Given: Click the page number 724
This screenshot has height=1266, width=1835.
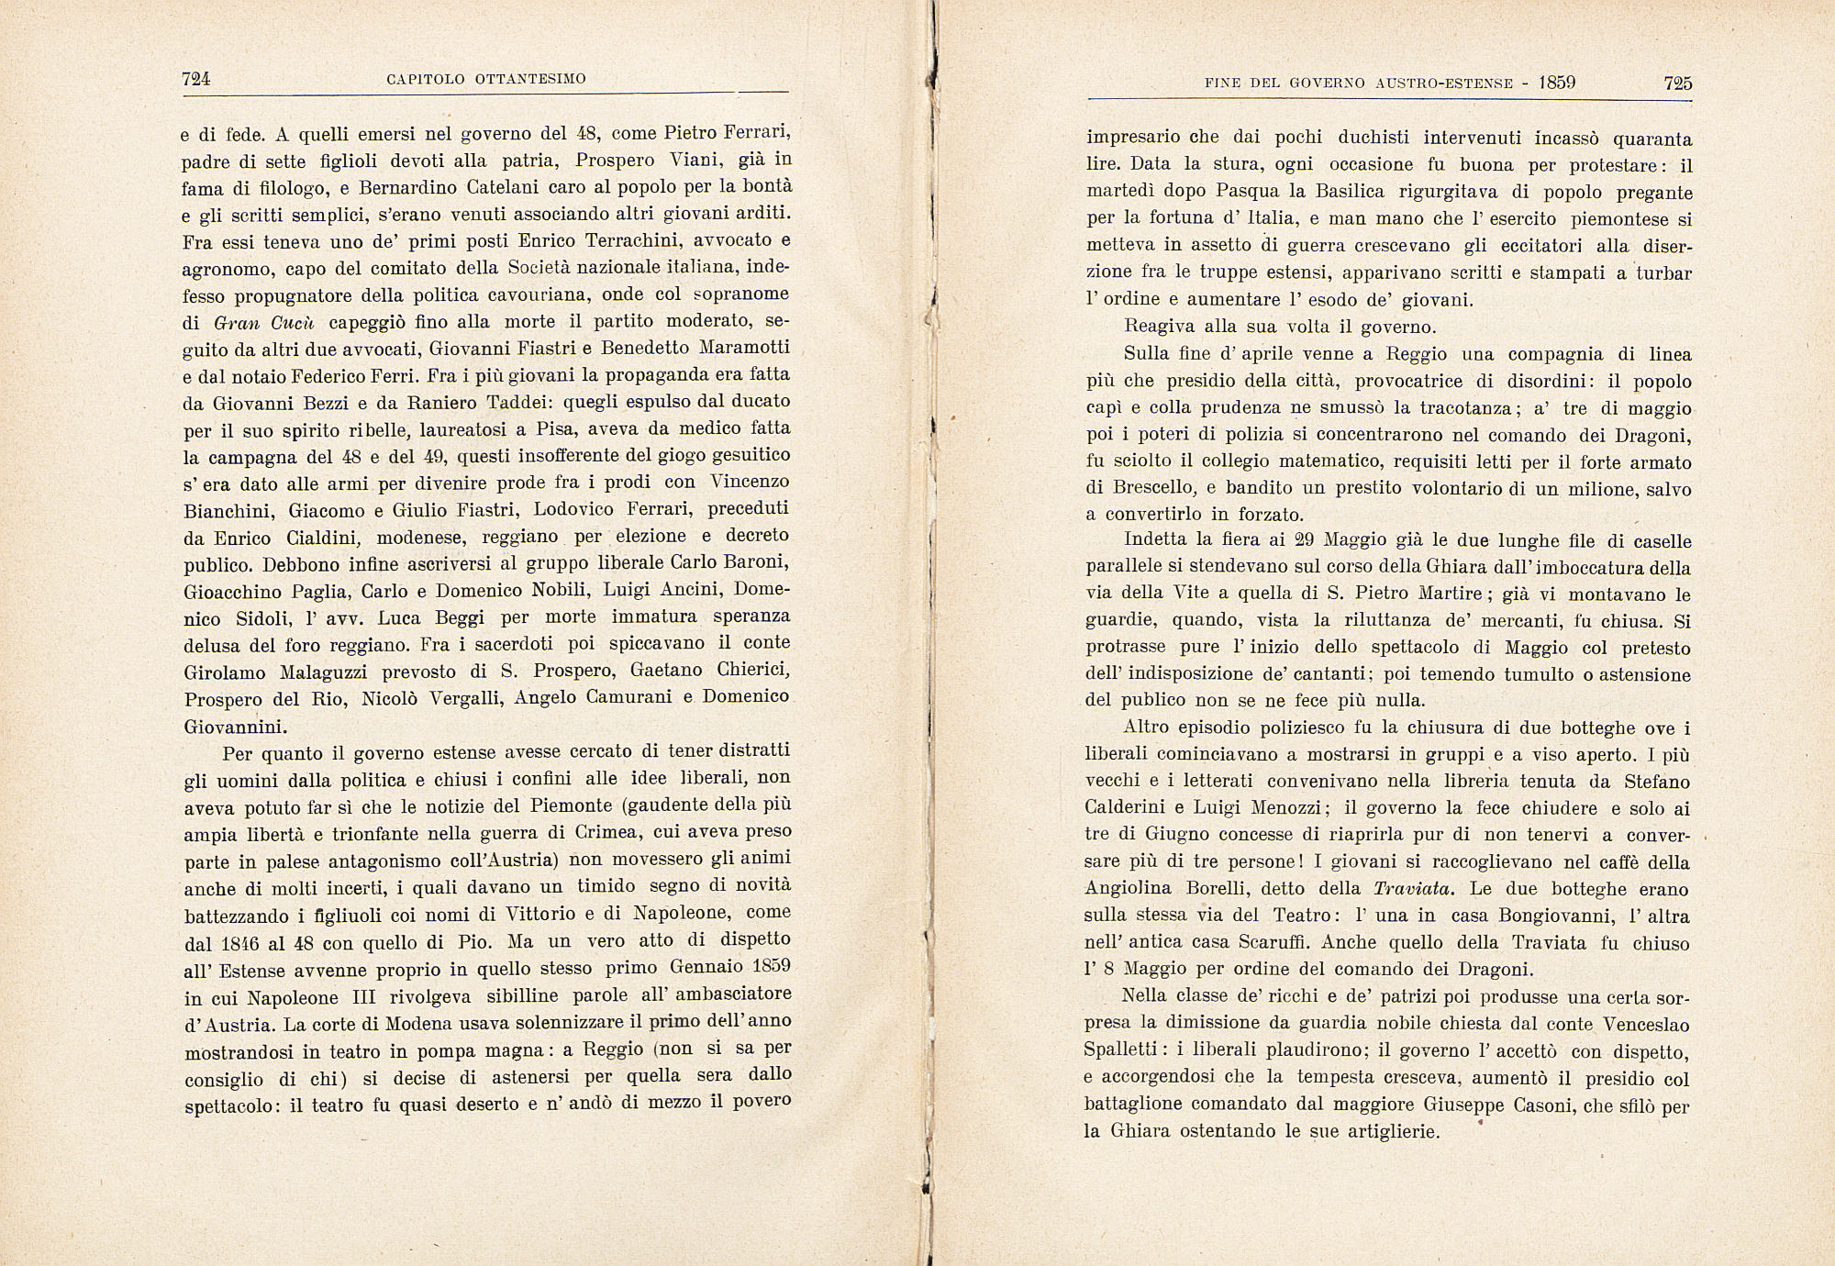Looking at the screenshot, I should (x=196, y=80).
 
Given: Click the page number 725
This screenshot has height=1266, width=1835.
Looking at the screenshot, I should (x=1677, y=83).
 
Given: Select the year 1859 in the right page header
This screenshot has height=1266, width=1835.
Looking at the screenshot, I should (x=1557, y=83).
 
